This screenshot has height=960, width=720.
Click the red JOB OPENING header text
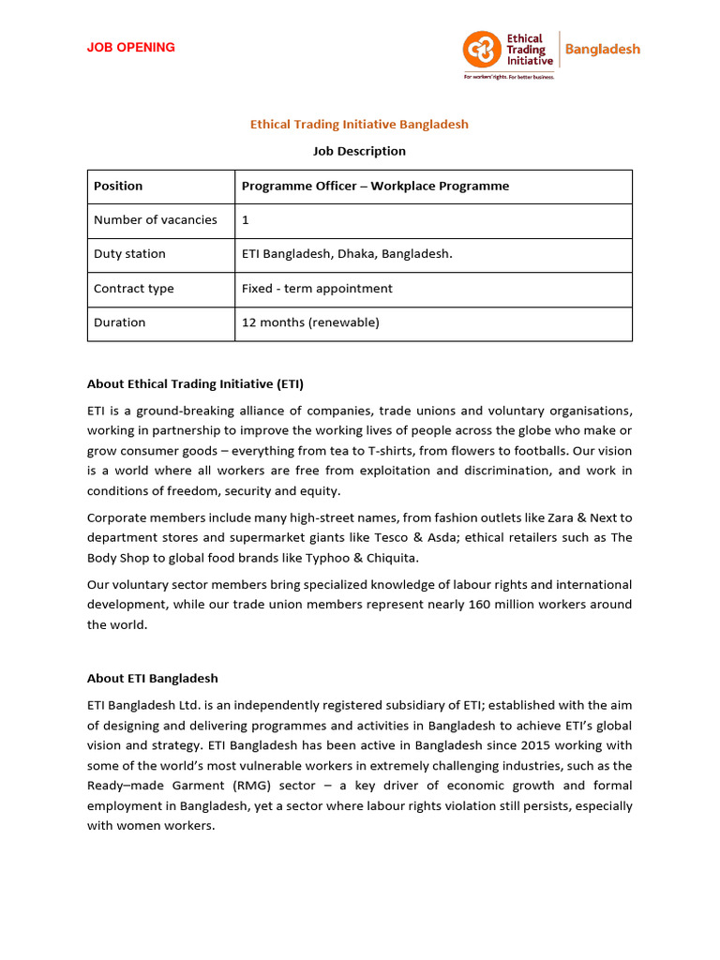tap(130, 48)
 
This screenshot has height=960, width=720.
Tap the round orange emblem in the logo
tap(482, 49)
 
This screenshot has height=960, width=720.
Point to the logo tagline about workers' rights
tap(509, 78)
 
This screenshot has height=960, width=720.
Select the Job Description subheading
tap(359, 151)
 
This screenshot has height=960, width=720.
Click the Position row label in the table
tap(118, 186)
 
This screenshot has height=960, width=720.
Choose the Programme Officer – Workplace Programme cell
tap(375, 186)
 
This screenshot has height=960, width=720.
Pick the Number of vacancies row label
tap(156, 219)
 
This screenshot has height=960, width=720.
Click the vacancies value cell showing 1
tap(246, 219)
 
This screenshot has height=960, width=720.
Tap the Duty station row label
tap(129, 254)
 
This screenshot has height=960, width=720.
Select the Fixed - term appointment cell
tap(317, 288)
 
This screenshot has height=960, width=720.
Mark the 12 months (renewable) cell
tap(310, 322)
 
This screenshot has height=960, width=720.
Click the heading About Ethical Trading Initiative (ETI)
tap(195, 383)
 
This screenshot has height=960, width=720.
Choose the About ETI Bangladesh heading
tap(152, 678)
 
